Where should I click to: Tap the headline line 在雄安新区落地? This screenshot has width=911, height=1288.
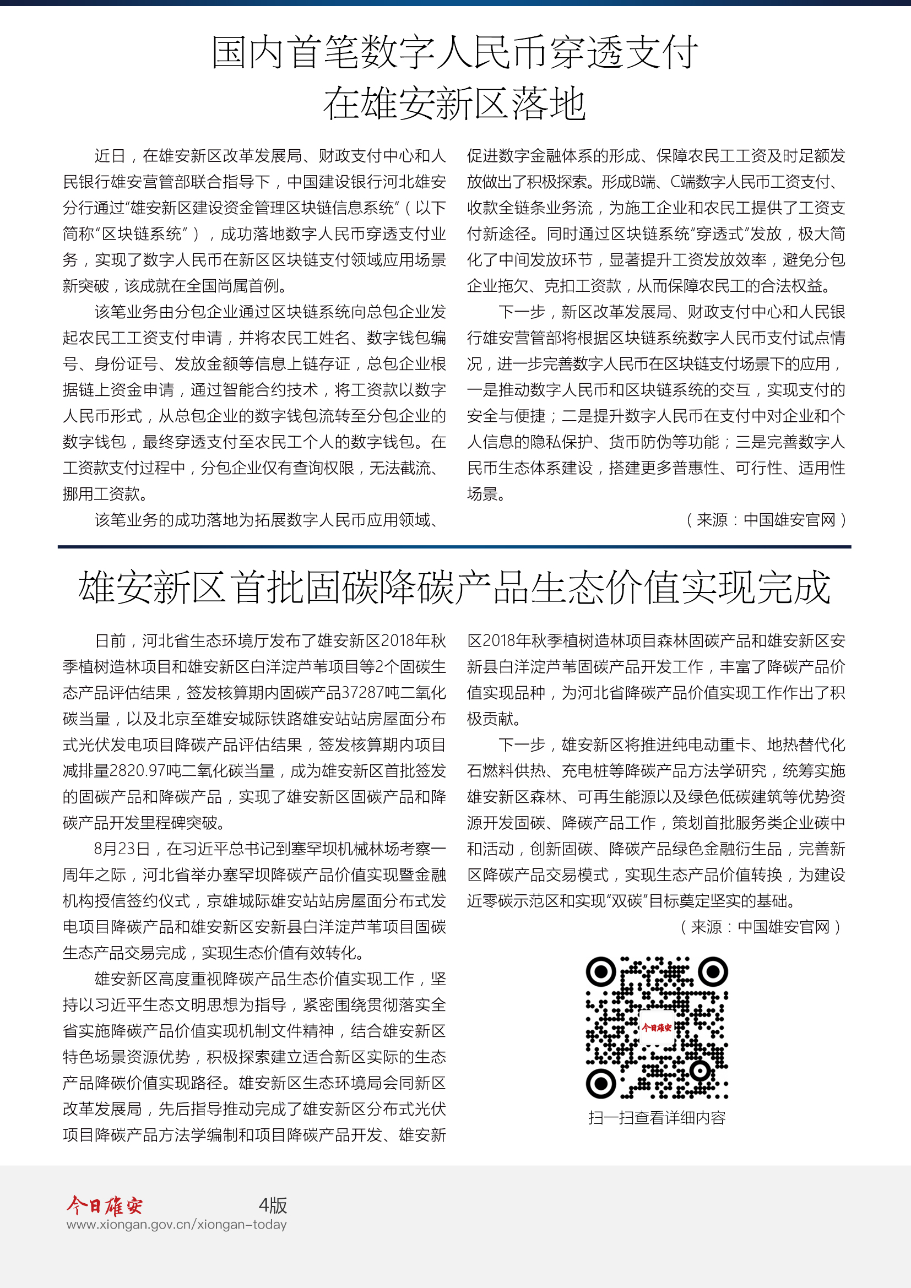pyautogui.click(x=455, y=104)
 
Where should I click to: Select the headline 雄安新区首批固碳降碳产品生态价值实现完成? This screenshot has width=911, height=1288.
pyautogui.click(x=454, y=588)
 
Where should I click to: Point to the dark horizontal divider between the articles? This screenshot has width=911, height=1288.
pyautogui.click(x=454, y=546)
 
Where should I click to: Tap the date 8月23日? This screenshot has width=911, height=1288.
pyautogui.click(x=122, y=849)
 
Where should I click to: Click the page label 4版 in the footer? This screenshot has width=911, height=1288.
pyautogui.click(x=273, y=1205)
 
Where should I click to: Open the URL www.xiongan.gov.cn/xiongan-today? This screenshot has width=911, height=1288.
pyautogui.click(x=176, y=1225)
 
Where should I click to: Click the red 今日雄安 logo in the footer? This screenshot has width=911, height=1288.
pyautogui.click(x=105, y=1204)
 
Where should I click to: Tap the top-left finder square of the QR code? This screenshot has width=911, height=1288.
pyautogui.click(x=601, y=971)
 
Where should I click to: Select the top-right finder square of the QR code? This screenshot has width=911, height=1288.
pyautogui.click(x=713, y=971)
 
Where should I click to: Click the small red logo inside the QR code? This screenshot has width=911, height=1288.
pyautogui.click(x=657, y=1028)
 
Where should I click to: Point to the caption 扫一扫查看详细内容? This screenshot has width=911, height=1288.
pyautogui.click(x=657, y=1118)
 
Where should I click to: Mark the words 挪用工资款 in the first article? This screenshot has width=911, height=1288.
pyautogui.click(x=101, y=494)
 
